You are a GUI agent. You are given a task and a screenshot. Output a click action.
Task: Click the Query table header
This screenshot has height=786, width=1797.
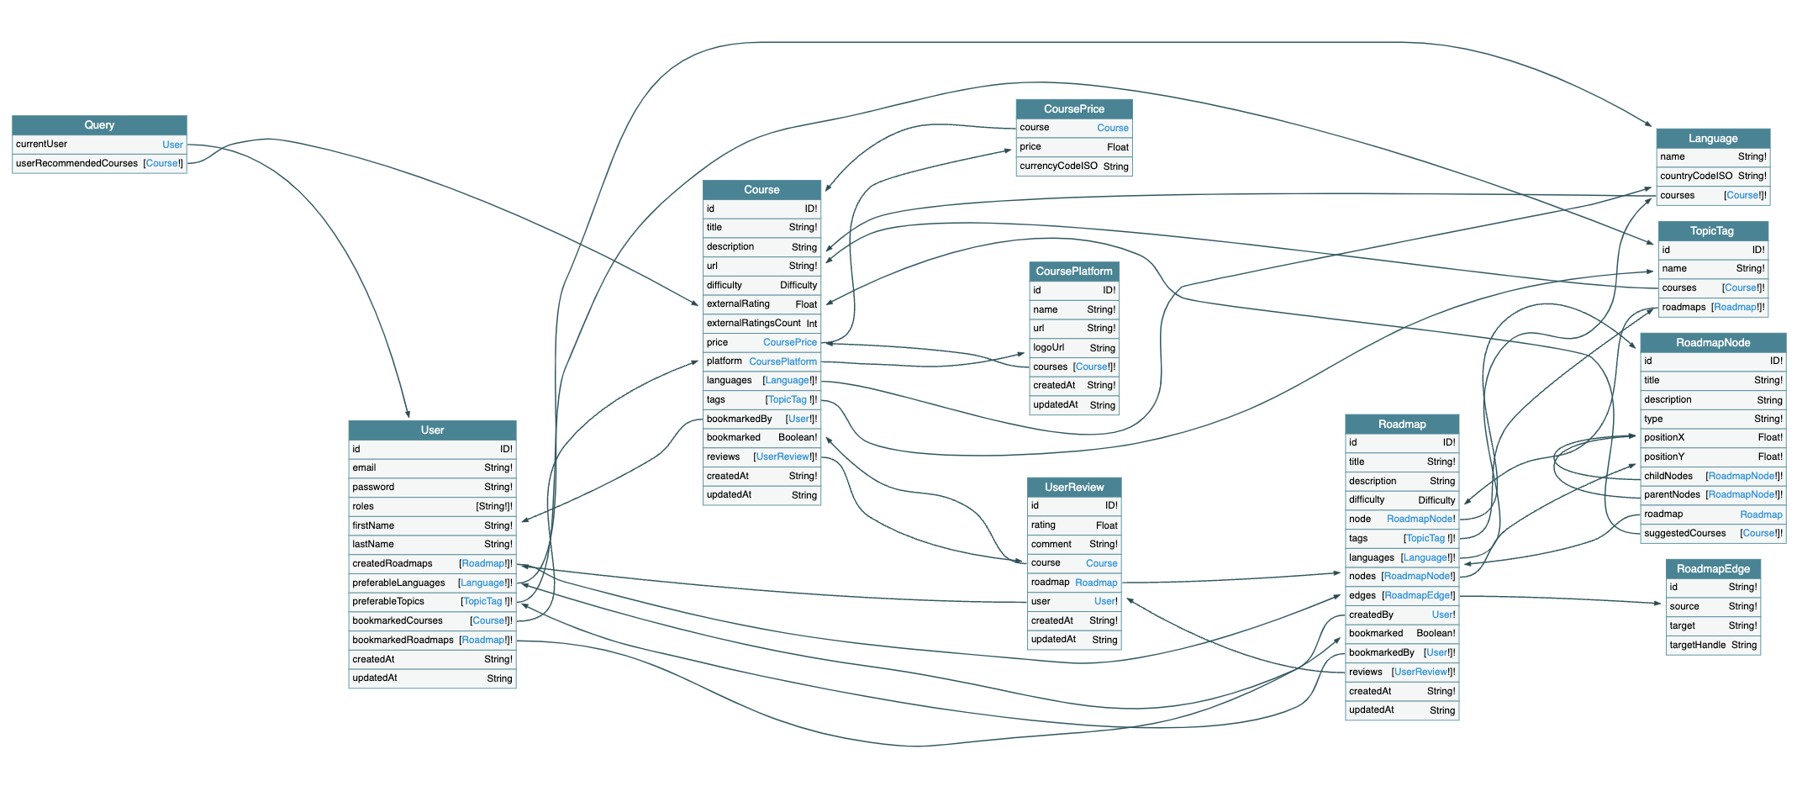[99, 125]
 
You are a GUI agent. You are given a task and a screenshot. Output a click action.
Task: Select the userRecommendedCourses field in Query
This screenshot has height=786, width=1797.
[77, 163]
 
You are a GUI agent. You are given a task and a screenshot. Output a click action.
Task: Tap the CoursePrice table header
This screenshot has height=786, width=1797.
[1073, 109]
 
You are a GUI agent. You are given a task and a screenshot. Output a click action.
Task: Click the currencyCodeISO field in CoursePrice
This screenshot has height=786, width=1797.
[1058, 166]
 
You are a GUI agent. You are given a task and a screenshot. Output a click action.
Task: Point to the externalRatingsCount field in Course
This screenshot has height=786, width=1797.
[753, 323]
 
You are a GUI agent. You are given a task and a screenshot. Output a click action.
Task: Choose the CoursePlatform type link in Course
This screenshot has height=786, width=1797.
[783, 361]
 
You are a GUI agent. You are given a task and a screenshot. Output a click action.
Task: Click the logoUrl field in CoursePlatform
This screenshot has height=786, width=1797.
[1049, 347]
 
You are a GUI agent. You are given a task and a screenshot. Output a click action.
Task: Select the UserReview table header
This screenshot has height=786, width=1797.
[1073, 488]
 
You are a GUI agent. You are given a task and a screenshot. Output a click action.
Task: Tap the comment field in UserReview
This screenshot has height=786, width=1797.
[1051, 544]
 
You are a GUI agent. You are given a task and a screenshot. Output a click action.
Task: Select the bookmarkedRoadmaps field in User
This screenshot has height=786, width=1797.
[403, 640]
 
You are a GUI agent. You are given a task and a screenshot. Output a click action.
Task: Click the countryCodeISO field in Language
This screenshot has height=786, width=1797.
[1696, 176]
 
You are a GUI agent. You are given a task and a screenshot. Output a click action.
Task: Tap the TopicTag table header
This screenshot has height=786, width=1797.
[1711, 231]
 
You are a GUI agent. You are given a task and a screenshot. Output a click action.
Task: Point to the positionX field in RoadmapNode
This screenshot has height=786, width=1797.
[1664, 437]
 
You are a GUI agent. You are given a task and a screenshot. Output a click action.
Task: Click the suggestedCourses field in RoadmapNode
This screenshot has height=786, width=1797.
[1684, 533]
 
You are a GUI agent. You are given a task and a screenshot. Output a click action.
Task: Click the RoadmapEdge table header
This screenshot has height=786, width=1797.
[1712, 569]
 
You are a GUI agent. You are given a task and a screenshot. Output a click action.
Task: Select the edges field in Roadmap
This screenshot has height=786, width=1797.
[1362, 595]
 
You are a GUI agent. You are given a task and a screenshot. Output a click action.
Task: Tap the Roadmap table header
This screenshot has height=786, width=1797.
[1401, 425]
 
